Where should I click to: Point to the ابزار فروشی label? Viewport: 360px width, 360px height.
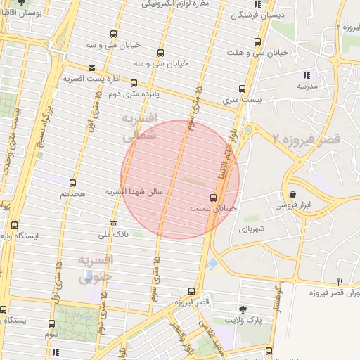tap(292, 205)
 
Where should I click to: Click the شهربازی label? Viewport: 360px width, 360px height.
tap(250, 229)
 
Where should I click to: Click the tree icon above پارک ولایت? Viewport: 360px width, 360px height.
tap(243, 309)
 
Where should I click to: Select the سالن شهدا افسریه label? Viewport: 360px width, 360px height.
tap(134, 191)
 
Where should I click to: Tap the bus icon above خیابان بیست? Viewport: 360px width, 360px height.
tap(214, 198)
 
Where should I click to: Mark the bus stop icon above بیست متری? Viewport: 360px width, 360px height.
tap(243, 89)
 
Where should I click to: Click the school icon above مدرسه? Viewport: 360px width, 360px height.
tap(306, 75)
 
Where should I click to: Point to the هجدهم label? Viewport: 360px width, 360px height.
tap(73, 193)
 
